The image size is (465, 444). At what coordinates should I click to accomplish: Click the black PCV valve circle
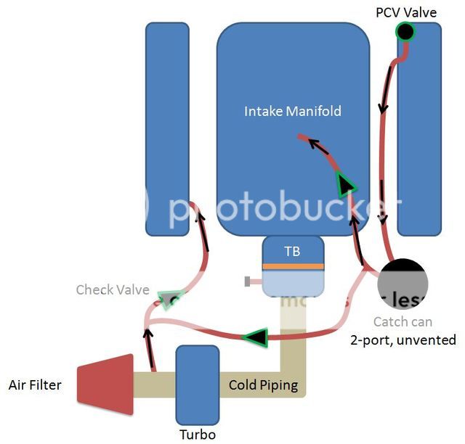[404, 31]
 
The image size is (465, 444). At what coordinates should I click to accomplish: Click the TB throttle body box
[292, 252]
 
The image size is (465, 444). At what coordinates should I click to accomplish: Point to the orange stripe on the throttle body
[292, 266]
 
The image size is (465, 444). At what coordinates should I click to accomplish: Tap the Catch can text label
[402, 322]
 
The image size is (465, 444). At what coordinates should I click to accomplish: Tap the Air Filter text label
[34, 385]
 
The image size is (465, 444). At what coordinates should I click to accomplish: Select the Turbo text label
[197, 434]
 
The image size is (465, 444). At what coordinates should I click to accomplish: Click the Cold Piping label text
[263, 385]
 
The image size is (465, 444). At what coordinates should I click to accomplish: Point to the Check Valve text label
[113, 290]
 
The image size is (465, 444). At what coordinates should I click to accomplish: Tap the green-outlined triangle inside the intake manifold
[345, 186]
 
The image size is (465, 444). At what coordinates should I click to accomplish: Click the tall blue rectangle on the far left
[167, 129]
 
